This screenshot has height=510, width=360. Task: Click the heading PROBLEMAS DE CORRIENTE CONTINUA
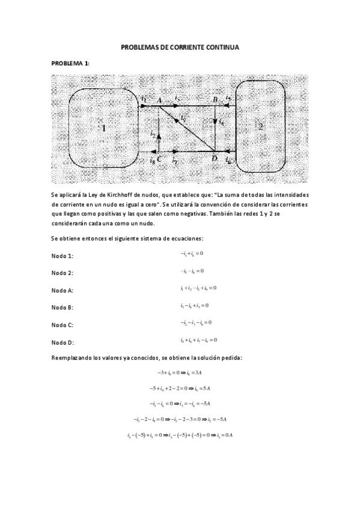point(180,46)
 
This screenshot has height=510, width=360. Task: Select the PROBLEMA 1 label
point(70,63)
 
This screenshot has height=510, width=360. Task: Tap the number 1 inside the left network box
point(103,127)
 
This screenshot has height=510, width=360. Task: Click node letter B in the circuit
point(215,99)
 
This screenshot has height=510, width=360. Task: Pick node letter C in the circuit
point(159,159)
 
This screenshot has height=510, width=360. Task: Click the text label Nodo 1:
point(63,256)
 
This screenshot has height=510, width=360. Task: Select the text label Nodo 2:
point(63,273)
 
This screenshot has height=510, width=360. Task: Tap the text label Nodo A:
point(63,290)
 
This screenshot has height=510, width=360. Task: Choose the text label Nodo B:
point(63,308)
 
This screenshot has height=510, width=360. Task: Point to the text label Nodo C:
point(63,325)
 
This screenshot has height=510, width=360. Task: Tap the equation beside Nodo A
point(198,288)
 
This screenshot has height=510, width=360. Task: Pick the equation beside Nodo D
point(198,340)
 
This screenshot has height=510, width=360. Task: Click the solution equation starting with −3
point(180,373)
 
